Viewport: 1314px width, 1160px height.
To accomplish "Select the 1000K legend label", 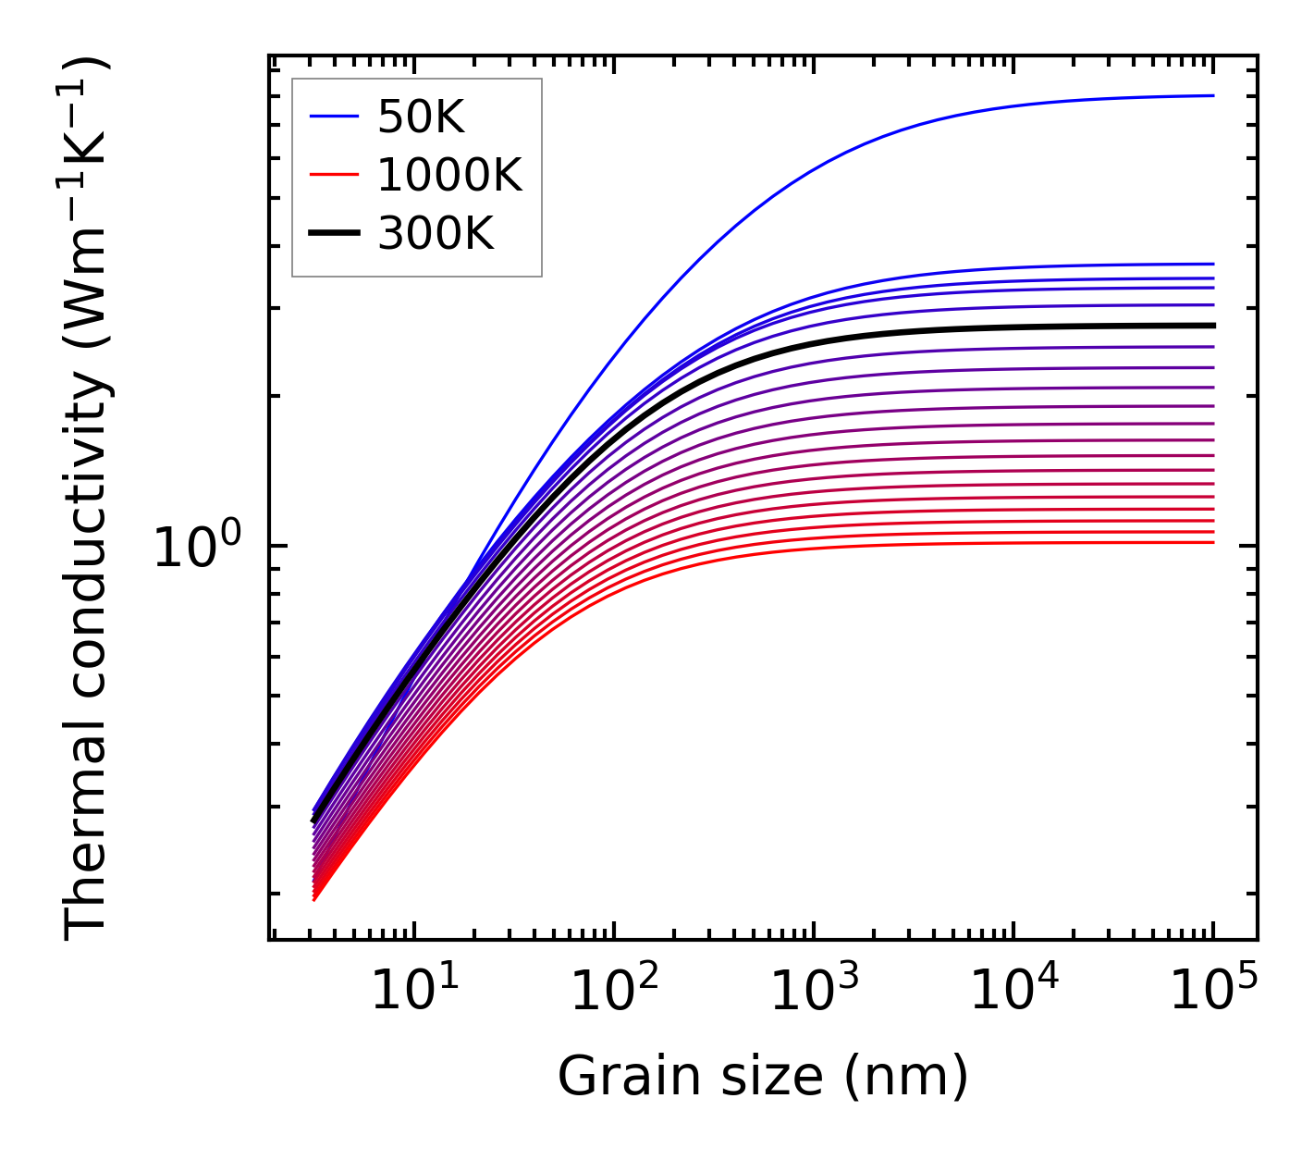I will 449,175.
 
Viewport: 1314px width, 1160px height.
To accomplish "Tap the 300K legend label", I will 436,234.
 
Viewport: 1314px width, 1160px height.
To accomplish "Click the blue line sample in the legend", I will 333,117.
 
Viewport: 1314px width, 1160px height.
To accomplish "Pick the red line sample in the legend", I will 333,175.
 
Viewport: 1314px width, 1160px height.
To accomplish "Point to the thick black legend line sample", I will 333,234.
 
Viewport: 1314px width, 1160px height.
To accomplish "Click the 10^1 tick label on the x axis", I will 413,993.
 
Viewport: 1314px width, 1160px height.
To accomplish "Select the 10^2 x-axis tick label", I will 614,993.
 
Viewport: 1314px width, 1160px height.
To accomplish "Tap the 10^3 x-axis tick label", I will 814,993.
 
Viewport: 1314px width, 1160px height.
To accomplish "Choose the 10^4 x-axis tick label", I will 1013,993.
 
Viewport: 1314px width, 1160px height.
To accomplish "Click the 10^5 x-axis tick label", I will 1213,993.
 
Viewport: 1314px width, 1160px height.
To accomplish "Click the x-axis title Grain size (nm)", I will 763,1078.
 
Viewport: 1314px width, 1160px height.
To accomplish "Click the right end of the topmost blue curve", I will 1212,95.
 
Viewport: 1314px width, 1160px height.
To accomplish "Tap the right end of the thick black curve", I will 1212,326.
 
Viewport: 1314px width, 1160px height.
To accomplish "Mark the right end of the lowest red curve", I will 1212,542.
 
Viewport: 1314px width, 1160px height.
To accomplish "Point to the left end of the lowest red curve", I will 315,898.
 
